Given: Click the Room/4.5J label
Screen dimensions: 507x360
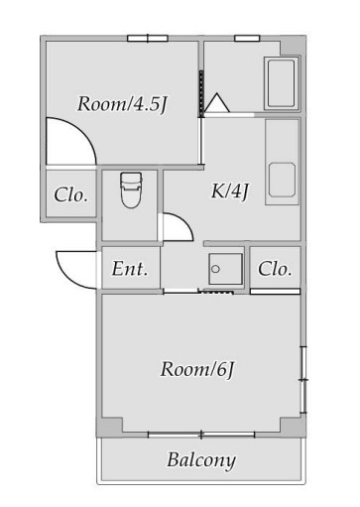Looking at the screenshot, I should pyautogui.click(x=120, y=103).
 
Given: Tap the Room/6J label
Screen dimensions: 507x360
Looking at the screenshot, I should pyautogui.click(x=197, y=370).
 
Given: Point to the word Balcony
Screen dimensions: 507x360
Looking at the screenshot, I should pyautogui.click(x=200, y=460).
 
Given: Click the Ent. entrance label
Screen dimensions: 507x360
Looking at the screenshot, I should pyautogui.click(x=130, y=268).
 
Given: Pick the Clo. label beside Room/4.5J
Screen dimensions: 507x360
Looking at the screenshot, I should pyautogui.click(x=71, y=195).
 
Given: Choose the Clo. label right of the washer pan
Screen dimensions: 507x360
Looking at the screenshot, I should pyautogui.click(x=275, y=268).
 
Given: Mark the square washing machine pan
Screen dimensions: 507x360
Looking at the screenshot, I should pyautogui.click(x=224, y=269).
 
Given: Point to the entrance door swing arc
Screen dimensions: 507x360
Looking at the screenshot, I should pyautogui.click(x=77, y=266).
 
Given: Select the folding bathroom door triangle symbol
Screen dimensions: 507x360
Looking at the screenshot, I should pyautogui.click(x=218, y=101).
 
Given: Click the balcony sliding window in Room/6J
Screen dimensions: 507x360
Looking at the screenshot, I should pyautogui.click(x=200, y=434).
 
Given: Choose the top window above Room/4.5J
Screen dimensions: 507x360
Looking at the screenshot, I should pyautogui.click(x=145, y=38).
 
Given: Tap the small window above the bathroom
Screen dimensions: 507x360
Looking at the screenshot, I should pyautogui.click(x=247, y=38).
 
